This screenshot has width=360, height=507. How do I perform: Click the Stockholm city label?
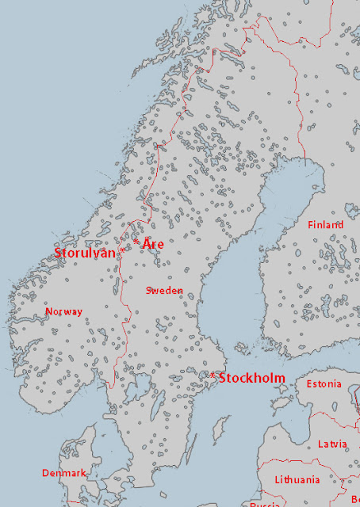251,378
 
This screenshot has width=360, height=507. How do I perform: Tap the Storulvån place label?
84,253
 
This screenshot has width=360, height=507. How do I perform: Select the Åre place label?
153,244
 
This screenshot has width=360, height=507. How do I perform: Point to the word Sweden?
164,291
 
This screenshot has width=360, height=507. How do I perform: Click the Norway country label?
63,311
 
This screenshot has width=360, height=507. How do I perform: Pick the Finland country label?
325,225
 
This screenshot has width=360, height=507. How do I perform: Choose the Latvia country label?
332,444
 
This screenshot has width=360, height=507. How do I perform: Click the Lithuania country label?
297,479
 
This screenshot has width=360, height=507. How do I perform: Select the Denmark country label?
63,473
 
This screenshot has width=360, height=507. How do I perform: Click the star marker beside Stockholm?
213,374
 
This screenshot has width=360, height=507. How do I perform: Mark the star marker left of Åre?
136,241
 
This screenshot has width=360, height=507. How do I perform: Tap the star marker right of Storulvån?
121,253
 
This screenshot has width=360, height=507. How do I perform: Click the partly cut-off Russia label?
264,504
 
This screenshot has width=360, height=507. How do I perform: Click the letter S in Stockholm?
223,378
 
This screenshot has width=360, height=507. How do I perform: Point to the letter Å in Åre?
147,243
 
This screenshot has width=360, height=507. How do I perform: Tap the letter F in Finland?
310,225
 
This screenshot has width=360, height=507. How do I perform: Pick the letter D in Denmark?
45,473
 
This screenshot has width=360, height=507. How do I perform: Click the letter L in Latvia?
320,444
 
